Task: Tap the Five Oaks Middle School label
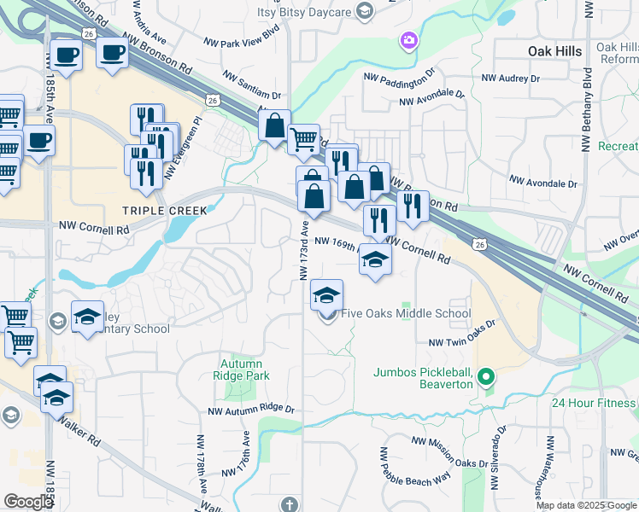click(x=406, y=313)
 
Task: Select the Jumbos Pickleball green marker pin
click(x=486, y=375)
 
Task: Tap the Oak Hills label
click(x=554, y=51)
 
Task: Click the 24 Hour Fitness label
click(x=594, y=403)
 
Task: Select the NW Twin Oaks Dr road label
click(x=462, y=342)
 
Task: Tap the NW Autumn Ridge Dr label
click(x=251, y=410)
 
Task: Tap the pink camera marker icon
click(x=408, y=39)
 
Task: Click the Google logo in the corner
click(x=28, y=502)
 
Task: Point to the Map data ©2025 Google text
click(x=586, y=505)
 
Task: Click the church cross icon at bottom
click(x=290, y=503)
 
